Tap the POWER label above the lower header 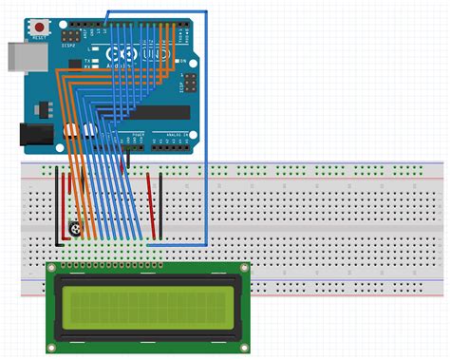[138, 135]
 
